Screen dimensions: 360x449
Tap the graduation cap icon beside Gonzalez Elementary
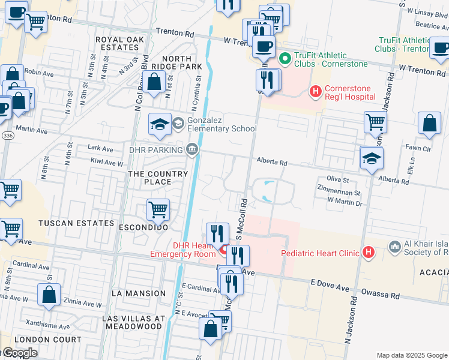click(160, 124)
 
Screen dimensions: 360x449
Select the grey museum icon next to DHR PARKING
click(192, 149)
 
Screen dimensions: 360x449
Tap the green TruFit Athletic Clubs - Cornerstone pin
click(286, 58)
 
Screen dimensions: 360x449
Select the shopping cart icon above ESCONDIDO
click(158, 210)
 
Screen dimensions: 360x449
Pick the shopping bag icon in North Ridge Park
click(155, 82)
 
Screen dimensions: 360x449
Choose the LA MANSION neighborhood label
click(138, 293)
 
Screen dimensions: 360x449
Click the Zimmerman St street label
click(339, 193)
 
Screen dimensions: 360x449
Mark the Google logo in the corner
click(19, 353)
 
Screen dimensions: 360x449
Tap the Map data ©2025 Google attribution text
click(411, 355)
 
